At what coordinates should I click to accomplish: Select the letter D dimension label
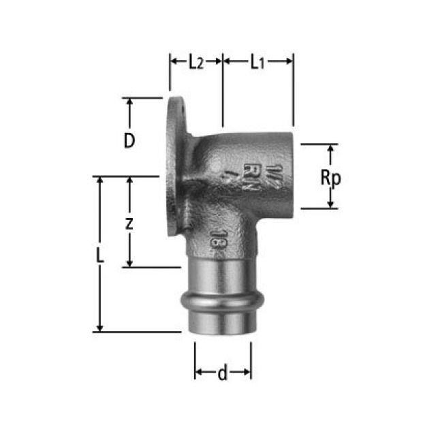[x=129, y=140]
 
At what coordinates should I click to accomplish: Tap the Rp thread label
[x=330, y=178]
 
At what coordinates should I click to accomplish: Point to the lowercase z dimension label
[x=129, y=223]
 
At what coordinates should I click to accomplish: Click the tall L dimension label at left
[x=99, y=256]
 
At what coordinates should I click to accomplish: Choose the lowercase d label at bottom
[x=222, y=373]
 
